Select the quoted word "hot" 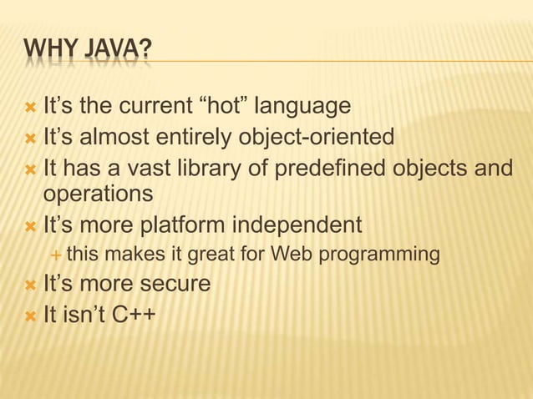[221, 107]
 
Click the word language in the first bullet [302, 107]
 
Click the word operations [98, 194]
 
